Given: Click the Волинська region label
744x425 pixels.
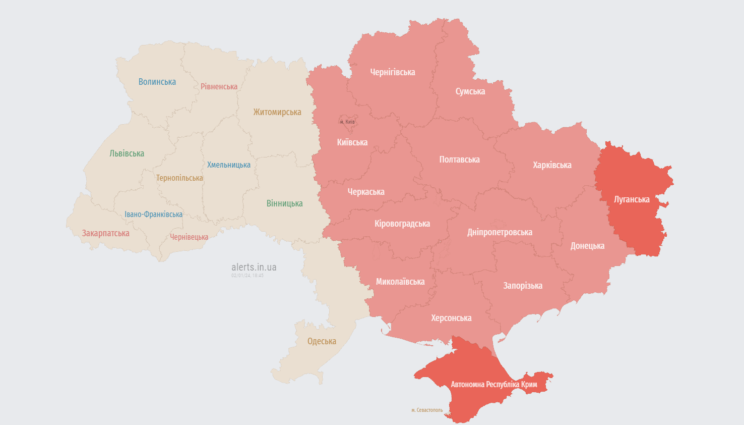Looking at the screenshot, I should point(157,82).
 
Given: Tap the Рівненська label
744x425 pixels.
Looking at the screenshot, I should point(219,87).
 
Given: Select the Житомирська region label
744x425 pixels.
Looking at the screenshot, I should point(277,112).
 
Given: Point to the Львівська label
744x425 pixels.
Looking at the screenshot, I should point(127,153).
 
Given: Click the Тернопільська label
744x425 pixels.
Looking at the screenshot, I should point(179,178).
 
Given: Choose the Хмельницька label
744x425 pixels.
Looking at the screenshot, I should point(229,165).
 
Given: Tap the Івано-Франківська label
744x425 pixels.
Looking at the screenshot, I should point(154,215).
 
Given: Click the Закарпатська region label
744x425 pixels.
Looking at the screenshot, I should point(106,233).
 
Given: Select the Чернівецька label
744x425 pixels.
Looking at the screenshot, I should point(189,237).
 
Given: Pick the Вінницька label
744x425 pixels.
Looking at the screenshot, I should point(285,203).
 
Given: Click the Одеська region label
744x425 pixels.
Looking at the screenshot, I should point(322,341).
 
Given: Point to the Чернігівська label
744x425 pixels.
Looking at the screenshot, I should point(393,72).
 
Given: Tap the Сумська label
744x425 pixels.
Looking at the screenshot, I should point(470,91).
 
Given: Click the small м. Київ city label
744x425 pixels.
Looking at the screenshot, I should point(347,122).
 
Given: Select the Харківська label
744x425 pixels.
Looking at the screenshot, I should point(552,165).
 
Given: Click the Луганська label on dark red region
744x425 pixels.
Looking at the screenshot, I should point(632,199).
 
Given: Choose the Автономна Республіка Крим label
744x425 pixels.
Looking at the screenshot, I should point(494,385).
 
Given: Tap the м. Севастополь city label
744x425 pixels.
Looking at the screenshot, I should point(427,410).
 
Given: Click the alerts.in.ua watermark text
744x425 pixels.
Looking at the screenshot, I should point(254,268).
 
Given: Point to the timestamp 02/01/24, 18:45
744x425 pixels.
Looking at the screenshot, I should point(247,276).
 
